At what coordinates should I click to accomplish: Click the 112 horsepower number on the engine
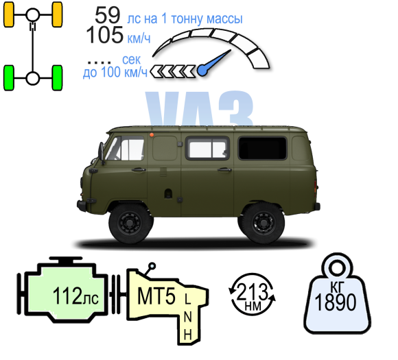tap(67, 296)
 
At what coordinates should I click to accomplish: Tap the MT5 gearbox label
tap(156, 296)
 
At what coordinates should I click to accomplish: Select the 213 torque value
tap(252, 291)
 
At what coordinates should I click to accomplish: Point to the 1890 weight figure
tap(335, 302)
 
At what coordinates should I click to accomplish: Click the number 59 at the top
tap(107, 15)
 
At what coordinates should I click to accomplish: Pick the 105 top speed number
tap(105, 35)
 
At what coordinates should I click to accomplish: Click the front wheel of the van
tap(130, 224)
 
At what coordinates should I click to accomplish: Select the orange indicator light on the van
tap(152, 134)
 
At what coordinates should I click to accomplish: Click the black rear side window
tap(262, 148)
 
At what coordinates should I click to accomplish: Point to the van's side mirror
tap(102, 153)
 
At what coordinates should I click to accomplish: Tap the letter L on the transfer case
tap(187, 299)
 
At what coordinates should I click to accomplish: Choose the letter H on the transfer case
tap(187, 335)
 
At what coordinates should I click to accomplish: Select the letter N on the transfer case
tap(187, 317)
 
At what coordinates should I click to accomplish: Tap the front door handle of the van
tap(139, 169)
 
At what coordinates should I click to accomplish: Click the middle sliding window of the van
tap(207, 148)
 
